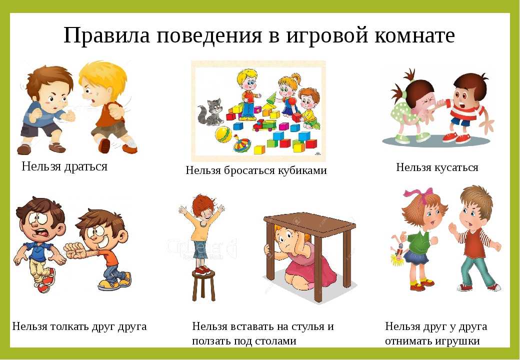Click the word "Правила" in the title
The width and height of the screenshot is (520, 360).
(x=107, y=35)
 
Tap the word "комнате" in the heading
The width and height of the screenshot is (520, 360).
(x=414, y=35)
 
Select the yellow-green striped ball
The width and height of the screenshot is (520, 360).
(x=224, y=134)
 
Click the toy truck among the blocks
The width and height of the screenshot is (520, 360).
(x=264, y=125)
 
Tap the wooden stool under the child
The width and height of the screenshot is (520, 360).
(x=203, y=285)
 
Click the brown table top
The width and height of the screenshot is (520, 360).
(x=310, y=222)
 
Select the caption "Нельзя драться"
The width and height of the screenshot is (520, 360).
(x=64, y=166)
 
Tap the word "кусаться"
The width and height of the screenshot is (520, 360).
(x=456, y=167)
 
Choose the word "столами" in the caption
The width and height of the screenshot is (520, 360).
(x=274, y=341)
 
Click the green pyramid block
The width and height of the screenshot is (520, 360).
(x=272, y=99)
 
